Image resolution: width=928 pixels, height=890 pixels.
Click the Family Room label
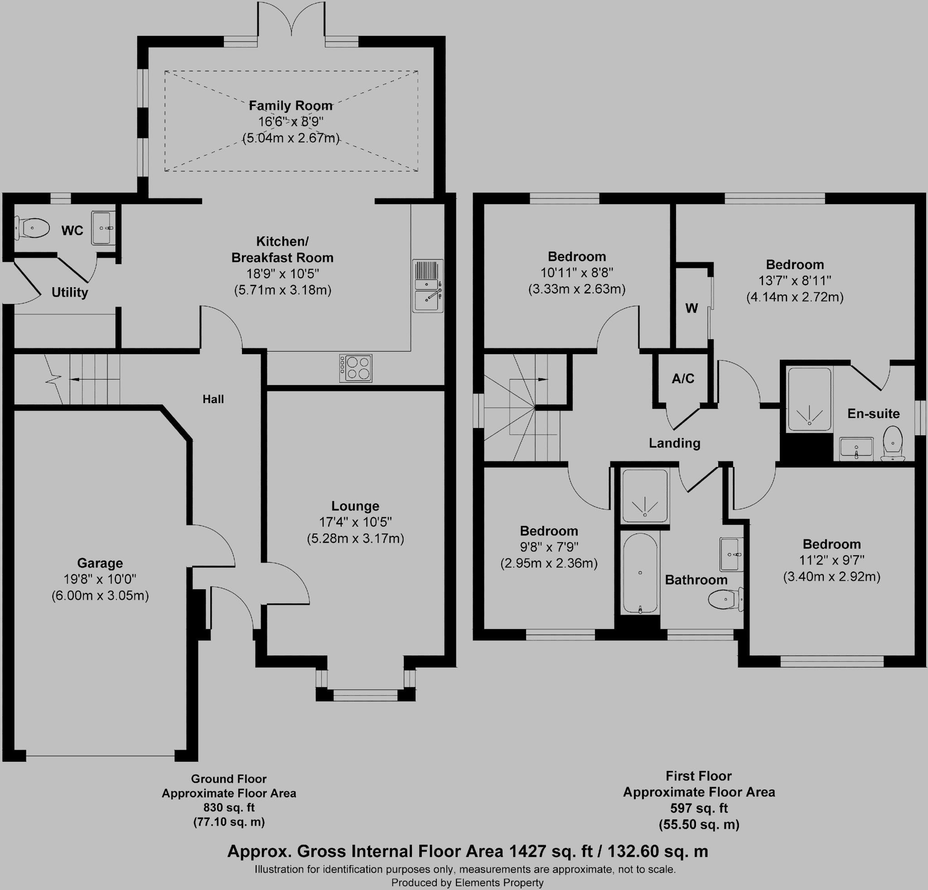coord(291,106)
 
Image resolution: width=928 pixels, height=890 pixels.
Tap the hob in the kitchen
coord(356,368)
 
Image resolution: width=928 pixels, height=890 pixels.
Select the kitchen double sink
coord(428,285)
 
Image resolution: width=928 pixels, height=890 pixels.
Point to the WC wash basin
coord(103,228)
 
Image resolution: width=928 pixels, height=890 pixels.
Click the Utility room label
coord(70,293)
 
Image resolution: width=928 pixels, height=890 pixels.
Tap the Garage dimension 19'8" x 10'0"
coord(100,579)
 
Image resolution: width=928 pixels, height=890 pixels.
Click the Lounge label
coord(355,506)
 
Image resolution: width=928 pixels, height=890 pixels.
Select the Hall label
coord(213,399)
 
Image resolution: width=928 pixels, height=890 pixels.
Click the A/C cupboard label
coord(683,379)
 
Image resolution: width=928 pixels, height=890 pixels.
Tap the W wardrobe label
coord(691,308)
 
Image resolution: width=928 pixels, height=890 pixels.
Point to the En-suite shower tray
coord(809,399)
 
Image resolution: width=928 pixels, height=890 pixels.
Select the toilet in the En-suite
coord(893,443)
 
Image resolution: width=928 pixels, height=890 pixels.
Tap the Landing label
coord(674,443)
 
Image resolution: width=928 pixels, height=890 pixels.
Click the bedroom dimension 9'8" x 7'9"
coord(549,547)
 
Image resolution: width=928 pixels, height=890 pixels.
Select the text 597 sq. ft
coord(698,808)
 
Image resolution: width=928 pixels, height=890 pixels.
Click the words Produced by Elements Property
coord(467,882)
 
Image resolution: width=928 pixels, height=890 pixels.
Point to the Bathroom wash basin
coord(730,553)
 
